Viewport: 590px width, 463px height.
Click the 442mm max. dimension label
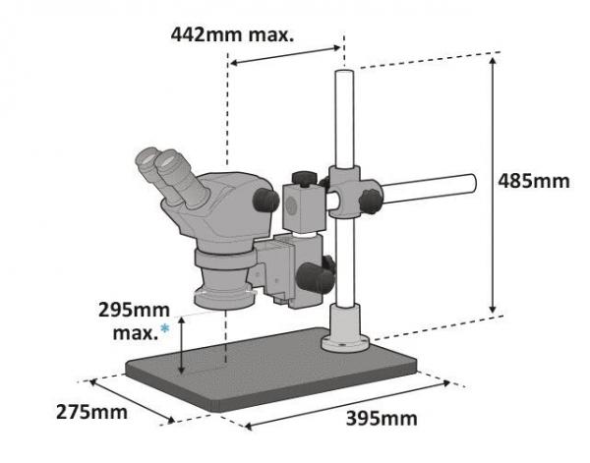[x=232, y=35]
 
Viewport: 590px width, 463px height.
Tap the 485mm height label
[x=534, y=181]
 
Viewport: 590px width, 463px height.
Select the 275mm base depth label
[x=91, y=412]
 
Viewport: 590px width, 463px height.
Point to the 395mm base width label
[x=382, y=418]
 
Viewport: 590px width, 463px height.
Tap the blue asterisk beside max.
[x=165, y=329]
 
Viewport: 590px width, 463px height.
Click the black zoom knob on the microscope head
[x=265, y=200]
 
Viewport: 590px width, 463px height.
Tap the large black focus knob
[x=316, y=278]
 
